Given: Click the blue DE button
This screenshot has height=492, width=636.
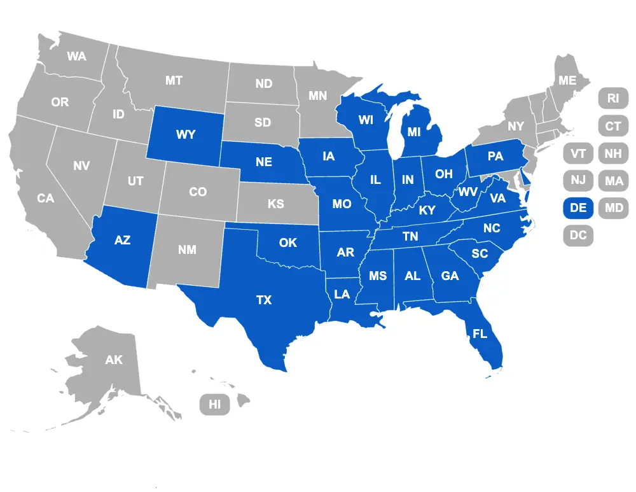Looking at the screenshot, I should [x=578, y=207].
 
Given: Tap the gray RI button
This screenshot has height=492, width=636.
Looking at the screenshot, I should [x=613, y=98].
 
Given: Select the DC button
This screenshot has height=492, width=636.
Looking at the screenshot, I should [x=578, y=235].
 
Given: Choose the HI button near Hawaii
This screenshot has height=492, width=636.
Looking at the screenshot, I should [x=215, y=404].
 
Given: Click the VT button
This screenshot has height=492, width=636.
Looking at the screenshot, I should [x=578, y=153].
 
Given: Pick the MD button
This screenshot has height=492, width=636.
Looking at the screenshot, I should [x=614, y=207].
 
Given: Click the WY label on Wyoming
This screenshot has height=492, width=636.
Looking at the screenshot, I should [x=186, y=135].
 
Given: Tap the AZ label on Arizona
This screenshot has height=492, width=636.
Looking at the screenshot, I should [x=122, y=240].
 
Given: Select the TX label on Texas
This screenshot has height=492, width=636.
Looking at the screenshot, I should [x=264, y=300].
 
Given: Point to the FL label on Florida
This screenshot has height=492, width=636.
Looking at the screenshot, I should [x=480, y=332].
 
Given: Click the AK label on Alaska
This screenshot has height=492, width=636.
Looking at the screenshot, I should [x=114, y=360].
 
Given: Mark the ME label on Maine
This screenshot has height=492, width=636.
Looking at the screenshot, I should [x=567, y=81].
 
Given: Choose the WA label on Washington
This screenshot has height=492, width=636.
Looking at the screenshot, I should [x=77, y=56].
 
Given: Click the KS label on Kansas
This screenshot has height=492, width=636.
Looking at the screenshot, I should [x=275, y=204].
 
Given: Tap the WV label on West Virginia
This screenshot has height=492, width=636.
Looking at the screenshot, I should [x=468, y=192].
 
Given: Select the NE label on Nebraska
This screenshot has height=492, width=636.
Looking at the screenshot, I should [x=264, y=162].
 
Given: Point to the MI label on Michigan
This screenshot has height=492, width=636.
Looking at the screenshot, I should [x=415, y=132].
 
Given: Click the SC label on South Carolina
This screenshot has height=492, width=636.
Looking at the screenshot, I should [x=480, y=253].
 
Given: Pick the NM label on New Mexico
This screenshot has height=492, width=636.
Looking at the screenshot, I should [x=187, y=250].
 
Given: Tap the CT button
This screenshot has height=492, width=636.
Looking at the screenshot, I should [x=613, y=126].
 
